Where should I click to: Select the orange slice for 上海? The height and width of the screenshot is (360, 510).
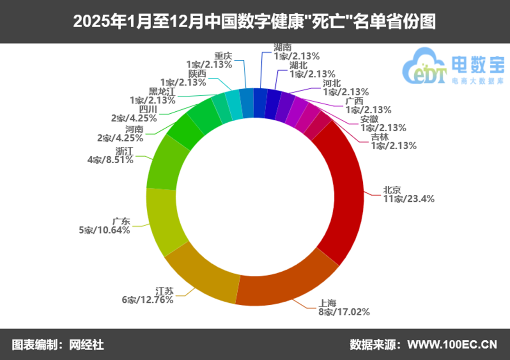click(x=286, y=288)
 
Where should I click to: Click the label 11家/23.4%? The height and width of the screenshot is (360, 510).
click(x=409, y=199)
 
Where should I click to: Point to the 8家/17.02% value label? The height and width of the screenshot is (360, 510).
click(x=344, y=312)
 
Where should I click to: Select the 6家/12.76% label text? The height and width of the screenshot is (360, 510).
click(x=147, y=300)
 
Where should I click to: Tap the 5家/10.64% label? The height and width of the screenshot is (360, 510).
click(x=105, y=230)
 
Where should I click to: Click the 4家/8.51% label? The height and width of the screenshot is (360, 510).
click(x=110, y=160)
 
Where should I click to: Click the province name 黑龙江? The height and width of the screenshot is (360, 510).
click(x=162, y=91)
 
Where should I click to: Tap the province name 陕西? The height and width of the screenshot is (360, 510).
click(x=197, y=74)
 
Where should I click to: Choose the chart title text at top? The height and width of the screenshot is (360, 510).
click(x=254, y=22)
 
